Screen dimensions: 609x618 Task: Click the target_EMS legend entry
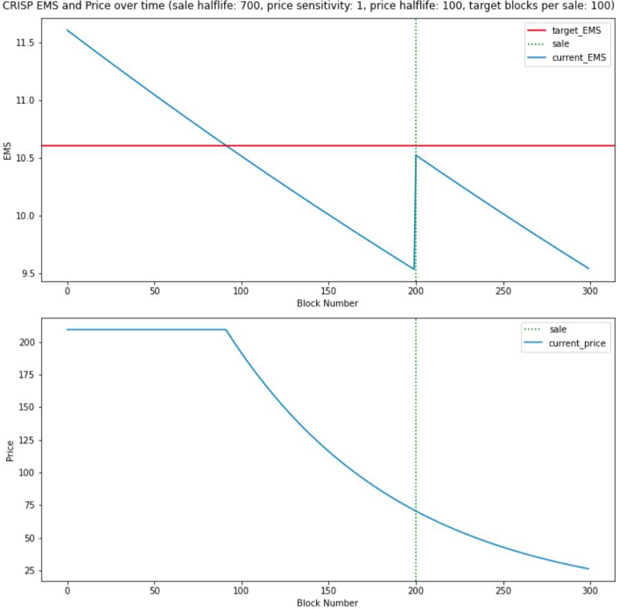point(571,30)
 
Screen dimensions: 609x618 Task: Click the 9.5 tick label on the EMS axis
point(29,274)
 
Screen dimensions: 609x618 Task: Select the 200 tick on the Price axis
point(29,342)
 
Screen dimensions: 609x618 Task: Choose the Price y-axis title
point(9,450)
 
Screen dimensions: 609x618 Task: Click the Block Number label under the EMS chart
point(327,303)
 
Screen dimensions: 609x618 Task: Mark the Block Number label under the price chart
point(327,603)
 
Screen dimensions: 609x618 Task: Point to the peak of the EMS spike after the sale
point(416,155)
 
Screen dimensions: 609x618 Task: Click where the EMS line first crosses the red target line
point(227,145)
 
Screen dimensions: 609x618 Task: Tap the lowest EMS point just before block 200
point(414,269)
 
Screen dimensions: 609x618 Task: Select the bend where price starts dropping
point(226,330)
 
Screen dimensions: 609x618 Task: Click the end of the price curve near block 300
point(589,569)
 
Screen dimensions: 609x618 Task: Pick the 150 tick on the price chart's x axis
point(328,591)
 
